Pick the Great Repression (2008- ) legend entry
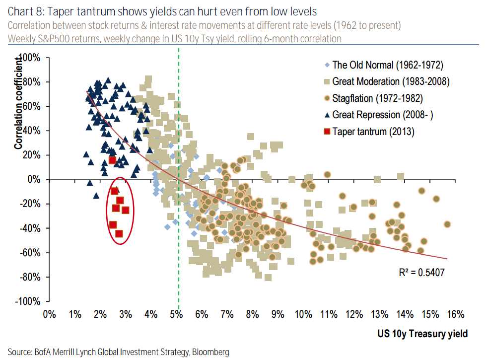[383, 115]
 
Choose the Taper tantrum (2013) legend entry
[373, 132]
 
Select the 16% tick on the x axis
[455, 314]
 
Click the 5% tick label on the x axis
[176, 314]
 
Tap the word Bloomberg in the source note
[210, 352]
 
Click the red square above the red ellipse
[112, 160]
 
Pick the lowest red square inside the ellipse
[119, 233]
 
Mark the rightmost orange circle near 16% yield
[447, 224]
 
